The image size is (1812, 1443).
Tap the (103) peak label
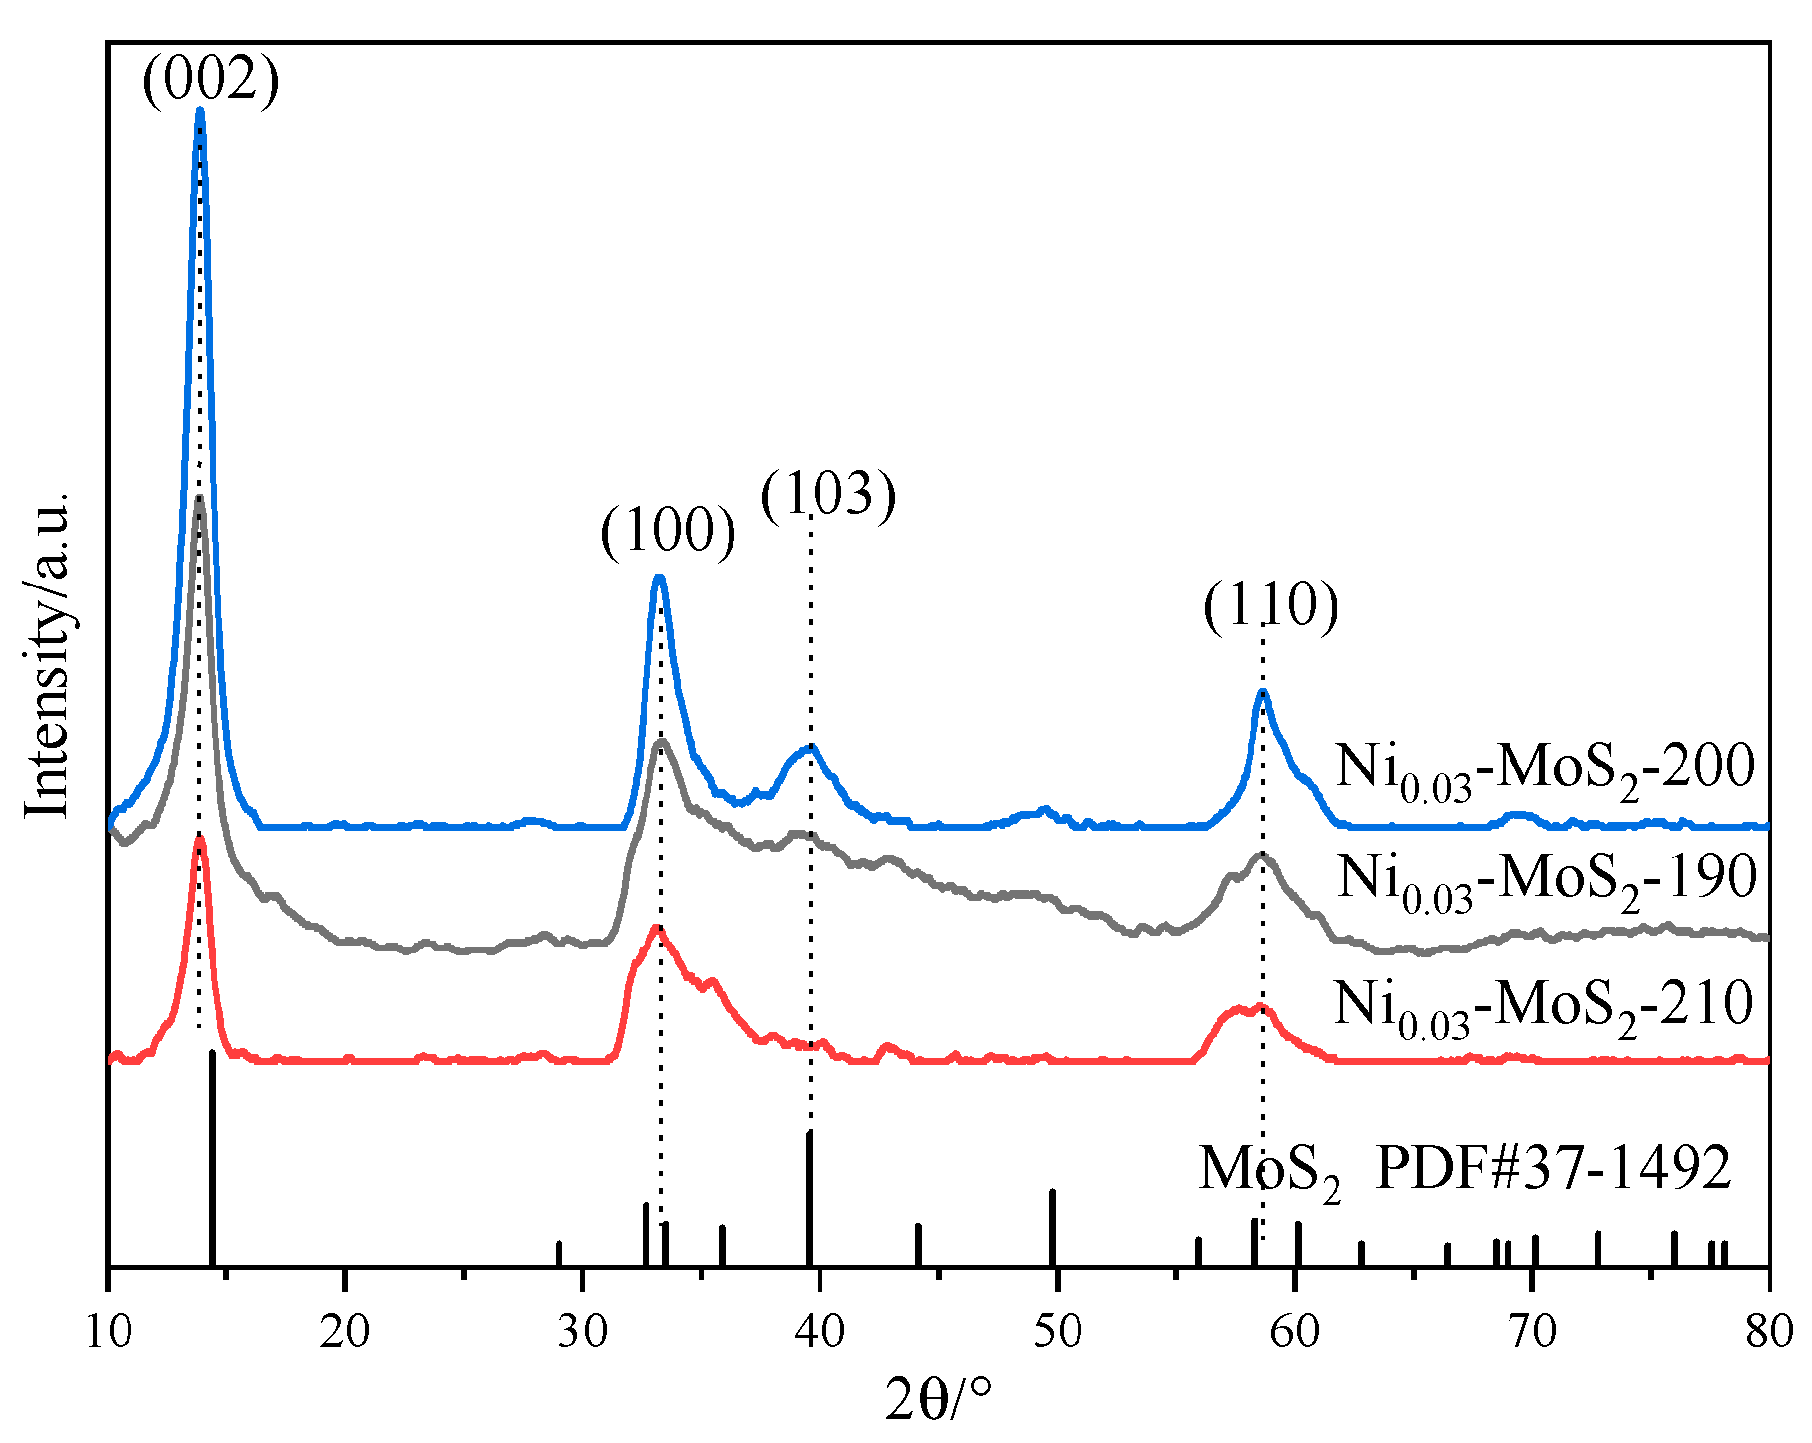click(x=828, y=494)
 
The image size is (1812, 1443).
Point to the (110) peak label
click(x=1270, y=605)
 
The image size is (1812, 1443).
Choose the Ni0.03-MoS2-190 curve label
click(x=1546, y=878)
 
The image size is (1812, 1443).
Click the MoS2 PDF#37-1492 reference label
click(x=1465, y=1171)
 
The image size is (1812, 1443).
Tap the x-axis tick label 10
click(x=107, y=1333)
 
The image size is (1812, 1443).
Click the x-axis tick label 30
click(x=582, y=1333)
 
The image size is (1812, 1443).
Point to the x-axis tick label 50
click(x=1057, y=1333)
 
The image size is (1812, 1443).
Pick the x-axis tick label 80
click(x=1769, y=1333)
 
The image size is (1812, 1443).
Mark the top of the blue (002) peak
click(x=200, y=111)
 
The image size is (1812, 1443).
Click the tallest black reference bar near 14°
click(x=212, y=1157)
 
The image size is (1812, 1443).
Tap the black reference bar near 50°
click(x=1052, y=1226)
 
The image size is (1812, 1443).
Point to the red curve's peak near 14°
click(x=200, y=839)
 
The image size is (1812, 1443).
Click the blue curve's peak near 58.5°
click(x=1262, y=692)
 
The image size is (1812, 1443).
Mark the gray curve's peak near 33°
click(x=661, y=741)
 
